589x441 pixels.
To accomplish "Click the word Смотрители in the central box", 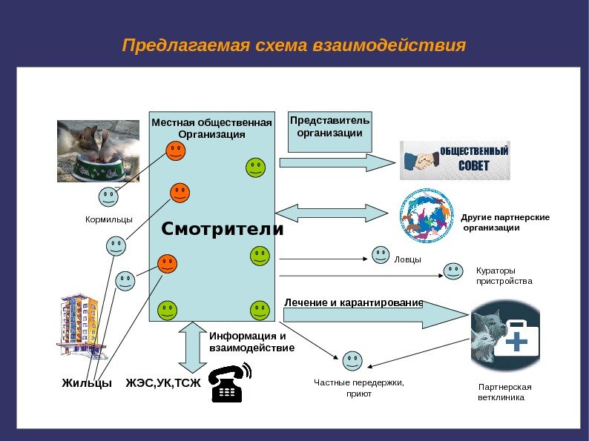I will [x=223, y=229].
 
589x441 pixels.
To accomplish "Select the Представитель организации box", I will [x=329, y=131].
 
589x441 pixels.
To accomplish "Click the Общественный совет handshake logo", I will [x=455, y=160].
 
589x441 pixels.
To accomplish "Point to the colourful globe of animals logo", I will [x=426, y=215].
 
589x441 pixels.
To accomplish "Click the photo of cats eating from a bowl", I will [x=98, y=151].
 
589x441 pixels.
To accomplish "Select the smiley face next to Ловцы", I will [x=380, y=255].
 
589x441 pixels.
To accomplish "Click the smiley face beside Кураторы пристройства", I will [x=453, y=271].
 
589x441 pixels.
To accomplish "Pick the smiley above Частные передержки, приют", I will [x=352, y=361].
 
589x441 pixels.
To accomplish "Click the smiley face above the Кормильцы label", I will [x=108, y=197].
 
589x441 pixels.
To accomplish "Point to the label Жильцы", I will [x=87, y=383].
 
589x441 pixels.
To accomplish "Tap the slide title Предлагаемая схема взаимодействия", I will [x=294, y=46].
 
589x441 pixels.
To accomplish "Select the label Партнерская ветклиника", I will [x=504, y=392].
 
